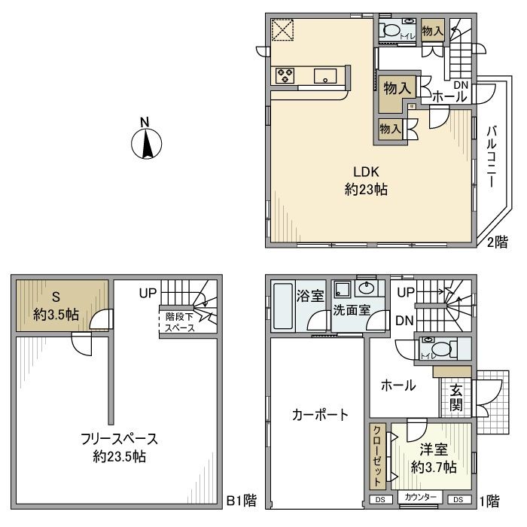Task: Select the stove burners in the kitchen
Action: tap(285, 75)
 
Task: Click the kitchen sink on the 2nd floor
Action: tap(325, 75)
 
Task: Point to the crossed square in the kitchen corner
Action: tap(284, 32)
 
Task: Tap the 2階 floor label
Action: tap(497, 242)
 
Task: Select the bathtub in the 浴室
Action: tap(284, 307)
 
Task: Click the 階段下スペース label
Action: tap(180, 322)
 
